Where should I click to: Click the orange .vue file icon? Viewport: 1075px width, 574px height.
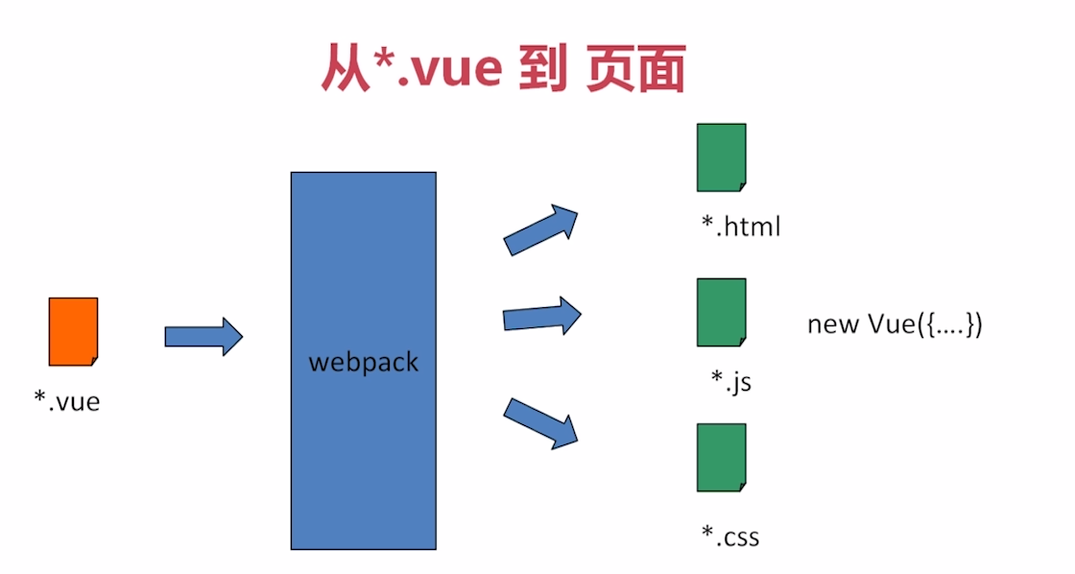73,331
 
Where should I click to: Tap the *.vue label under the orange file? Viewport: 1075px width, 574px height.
67,400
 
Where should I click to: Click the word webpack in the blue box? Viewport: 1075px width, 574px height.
364,363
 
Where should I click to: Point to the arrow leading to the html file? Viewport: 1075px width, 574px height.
540,229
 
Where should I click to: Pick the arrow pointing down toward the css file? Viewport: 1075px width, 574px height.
540,423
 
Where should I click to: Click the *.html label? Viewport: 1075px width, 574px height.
740,227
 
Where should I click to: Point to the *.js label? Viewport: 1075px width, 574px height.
730,381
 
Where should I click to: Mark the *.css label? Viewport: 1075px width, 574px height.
730,535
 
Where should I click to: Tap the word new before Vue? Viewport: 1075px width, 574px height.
833,324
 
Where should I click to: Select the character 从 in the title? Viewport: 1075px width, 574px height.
345,69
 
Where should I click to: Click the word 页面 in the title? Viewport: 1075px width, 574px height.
635,69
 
